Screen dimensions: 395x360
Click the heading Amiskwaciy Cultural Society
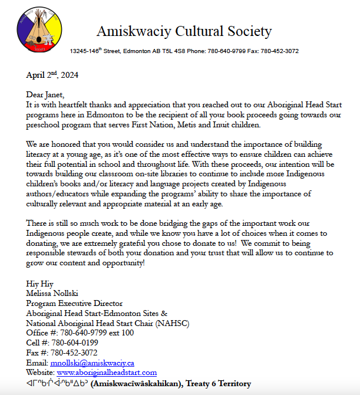[184, 31]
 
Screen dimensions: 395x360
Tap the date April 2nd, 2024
[52, 75]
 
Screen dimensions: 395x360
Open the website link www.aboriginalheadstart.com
[107, 373]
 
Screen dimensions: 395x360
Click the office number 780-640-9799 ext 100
[94, 333]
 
